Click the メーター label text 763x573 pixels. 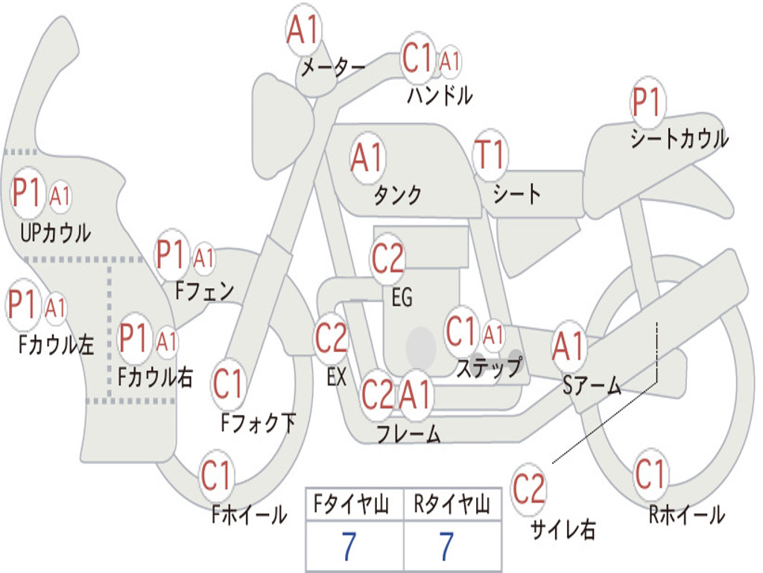click(332, 68)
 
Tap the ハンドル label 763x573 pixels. click(440, 95)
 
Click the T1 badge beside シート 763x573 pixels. click(490, 154)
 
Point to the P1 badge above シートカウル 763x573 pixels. click(647, 103)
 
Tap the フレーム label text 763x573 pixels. click(408, 433)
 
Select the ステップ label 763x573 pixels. click(488, 367)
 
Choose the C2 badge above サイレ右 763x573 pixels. click(529, 489)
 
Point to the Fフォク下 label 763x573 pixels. click(258, 423)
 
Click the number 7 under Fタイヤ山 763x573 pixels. click(348, 546)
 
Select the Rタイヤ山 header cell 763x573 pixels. click(452, 506)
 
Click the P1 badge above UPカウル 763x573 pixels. click(28, 193)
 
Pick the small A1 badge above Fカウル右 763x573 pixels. click(167, 341)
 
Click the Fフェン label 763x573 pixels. click(204, 290)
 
